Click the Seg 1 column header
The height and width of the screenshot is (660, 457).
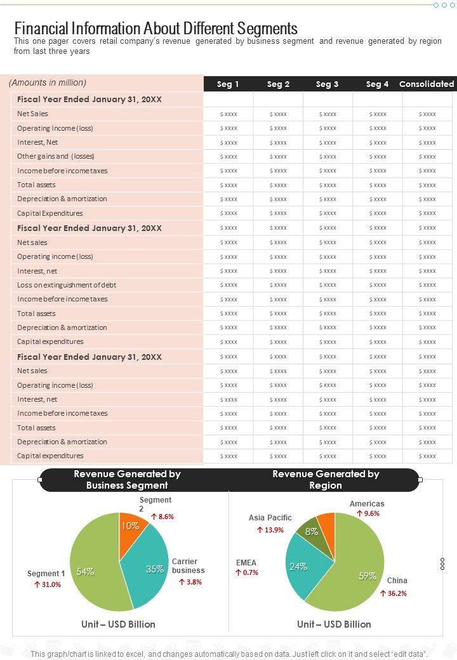(x=228, y=84)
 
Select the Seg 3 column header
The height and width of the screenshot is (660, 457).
(x=327, y=84)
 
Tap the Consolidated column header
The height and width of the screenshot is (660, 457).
(x=427, y=84)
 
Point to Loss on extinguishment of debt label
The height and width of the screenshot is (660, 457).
(x=67, y=285)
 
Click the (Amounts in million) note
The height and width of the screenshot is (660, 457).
(x=48, y=82)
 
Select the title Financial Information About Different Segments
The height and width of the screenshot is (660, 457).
(x=156, y=29)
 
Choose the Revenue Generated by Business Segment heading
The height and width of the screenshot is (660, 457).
(x=127, y=479)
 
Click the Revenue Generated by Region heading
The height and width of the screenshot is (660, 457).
(x=326, y=479)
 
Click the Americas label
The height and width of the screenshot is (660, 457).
(x=367, y=504)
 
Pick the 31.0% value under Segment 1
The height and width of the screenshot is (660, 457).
(x=48, y=584)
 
